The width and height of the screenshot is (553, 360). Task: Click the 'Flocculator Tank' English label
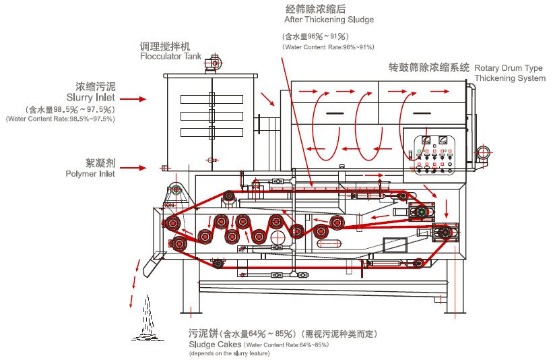point(170,57)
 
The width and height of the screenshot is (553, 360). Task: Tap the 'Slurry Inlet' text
point(91,97)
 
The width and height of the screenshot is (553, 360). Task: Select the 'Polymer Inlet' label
point(90,174)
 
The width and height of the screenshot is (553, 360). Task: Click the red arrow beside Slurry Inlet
point(132,99)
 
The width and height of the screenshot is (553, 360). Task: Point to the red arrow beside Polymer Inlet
point(132,168)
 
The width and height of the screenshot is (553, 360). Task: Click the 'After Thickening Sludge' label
point(329,20)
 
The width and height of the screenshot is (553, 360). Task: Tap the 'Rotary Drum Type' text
point(509,68)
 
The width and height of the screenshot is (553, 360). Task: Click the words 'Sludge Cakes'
point(215,344)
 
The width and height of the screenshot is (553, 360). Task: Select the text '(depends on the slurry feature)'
point(229,353)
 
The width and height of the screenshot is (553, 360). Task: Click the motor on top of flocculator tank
point(213,63)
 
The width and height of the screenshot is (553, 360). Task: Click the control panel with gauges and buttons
point(434,154)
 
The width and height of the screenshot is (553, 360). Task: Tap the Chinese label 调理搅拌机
point(165,47)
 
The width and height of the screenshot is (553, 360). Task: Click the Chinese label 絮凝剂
point(100,162)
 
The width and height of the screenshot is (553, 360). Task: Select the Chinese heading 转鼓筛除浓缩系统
point(429,67)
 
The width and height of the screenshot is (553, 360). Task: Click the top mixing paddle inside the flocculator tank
point(212,99)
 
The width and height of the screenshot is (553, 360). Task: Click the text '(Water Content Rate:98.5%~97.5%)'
point(61,119)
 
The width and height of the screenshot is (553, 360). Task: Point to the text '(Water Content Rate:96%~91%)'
point(328,47)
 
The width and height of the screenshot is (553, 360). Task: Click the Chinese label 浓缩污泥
point(96,86)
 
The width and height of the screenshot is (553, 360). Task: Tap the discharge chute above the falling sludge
point(151,266)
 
